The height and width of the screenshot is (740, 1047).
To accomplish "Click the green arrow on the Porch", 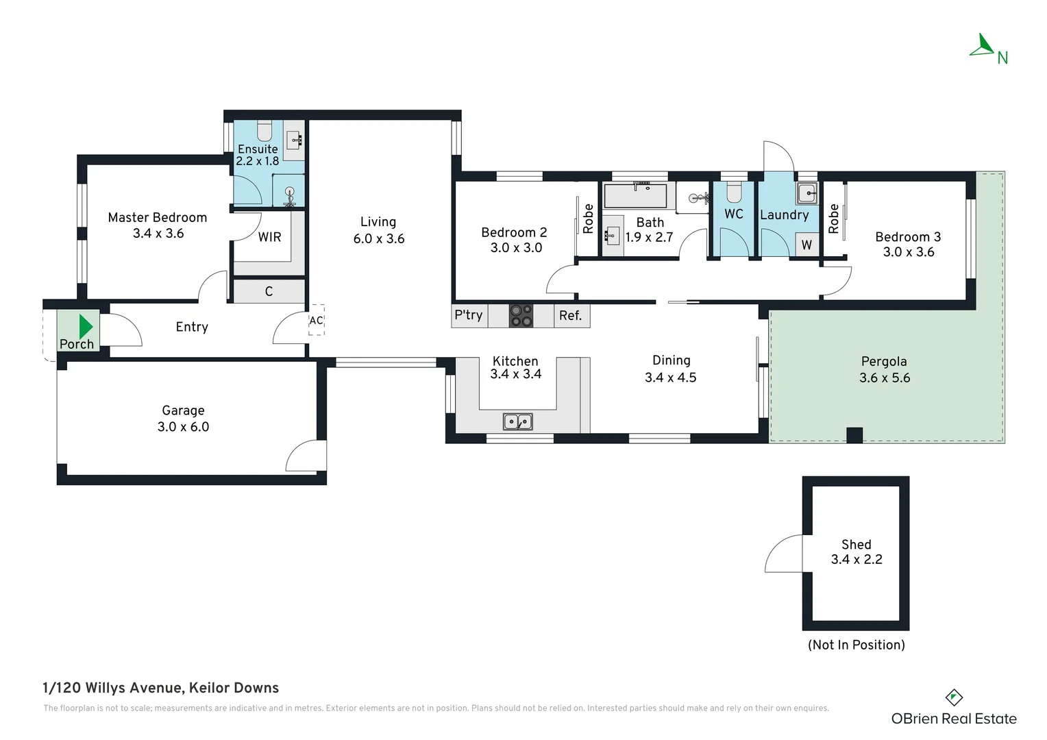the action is click(86, 326).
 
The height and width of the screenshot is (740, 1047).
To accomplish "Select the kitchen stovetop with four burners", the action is click(521, 316).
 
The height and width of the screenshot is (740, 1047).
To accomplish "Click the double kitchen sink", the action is click(517, 421).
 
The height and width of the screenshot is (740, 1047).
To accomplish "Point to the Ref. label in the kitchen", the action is click(570, 316).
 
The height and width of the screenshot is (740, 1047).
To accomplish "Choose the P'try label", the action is click(469, 315).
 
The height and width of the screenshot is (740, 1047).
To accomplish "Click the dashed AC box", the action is click(317, 320).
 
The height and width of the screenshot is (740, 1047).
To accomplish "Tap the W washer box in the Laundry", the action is click(806, 245).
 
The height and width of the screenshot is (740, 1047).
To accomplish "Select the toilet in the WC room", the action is click(734, 191).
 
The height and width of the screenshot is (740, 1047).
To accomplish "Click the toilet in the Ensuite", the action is click(264, 131).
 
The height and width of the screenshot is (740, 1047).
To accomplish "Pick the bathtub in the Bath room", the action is click(635, 195).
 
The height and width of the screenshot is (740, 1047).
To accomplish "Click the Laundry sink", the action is click(807, 193).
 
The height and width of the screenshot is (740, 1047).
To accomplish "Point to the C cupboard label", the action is click(269, 292).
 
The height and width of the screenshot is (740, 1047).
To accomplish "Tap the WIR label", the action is click(270, 238).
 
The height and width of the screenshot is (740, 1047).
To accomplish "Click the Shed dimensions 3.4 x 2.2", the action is click(857, 560).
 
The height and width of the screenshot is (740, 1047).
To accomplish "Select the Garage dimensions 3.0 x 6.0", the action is click(183, 427).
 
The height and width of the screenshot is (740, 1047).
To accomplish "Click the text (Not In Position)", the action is click(857, 645).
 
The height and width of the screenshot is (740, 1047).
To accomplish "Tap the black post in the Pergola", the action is click(854, 435).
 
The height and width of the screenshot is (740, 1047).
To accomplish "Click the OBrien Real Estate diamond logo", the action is click(954, 698).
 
